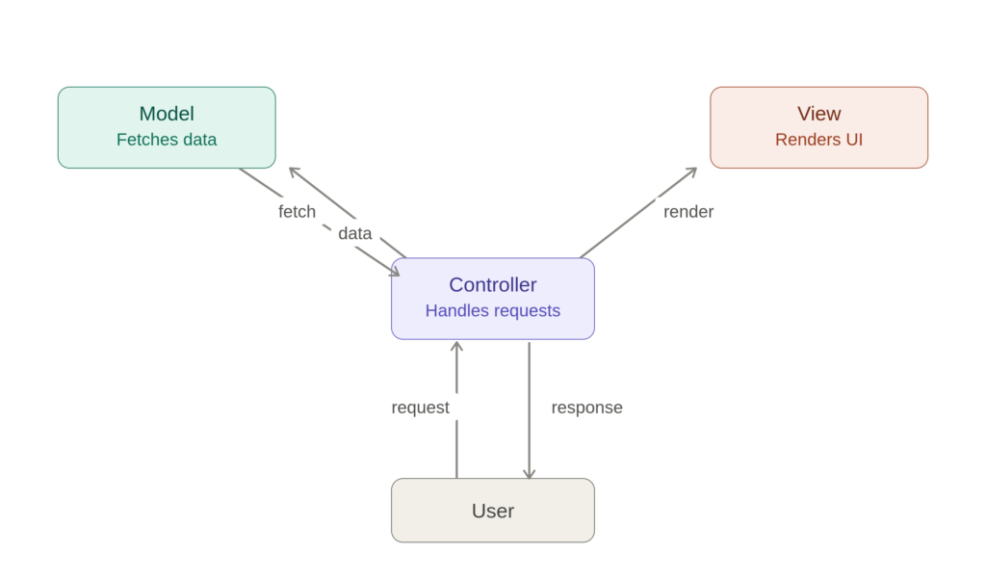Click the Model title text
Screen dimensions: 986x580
pyautogui.click(x=167, y=114)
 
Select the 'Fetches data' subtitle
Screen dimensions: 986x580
pyautogui.click(x=167, y=140)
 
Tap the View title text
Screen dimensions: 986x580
pyautogui.click(x=818, y=114)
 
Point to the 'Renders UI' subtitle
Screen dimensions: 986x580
pyautogui.click(x=818, y=140)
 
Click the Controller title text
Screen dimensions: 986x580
pyautogui.click(x=493, y=285)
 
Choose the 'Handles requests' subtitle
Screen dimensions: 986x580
pyautogui.click(x=493, y=311)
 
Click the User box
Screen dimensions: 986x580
pyautogui.click(x=493, y=511)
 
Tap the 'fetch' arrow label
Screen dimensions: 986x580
pyautogui.click(x=297, y=212)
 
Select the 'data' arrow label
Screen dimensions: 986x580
pyautogui.click(x=355, y=234)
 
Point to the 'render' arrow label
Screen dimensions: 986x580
pyautogui.click(x=688, y=212)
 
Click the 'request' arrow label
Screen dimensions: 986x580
pyautogui.click(x=420, y=408)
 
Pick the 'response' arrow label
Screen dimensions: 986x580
pyautogui.click(x=586, y=408)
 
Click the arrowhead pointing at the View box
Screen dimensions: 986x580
pyautogui.click(x=691, y=171)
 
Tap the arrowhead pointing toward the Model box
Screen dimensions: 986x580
pyautogui.click(x=295, y=171)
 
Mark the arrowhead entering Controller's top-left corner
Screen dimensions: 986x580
pyautogui.click(x=394, y=272)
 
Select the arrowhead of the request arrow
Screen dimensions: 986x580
pyautogui.click(x=457, y=346)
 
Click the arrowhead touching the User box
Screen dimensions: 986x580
pyautogui.click(x=530, y=473)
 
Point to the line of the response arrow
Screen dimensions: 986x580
pyautogui.click(x=530, y=410)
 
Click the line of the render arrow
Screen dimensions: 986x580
pyautogui.click(x=638, y=213)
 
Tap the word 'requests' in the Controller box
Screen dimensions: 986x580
pyautogui.click(x=527, y=311)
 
